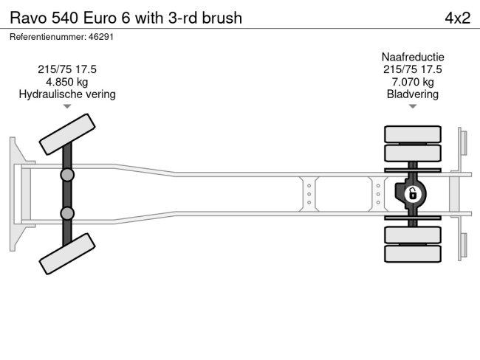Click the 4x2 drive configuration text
[x=457, y=18]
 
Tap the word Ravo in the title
[x=27, y=18]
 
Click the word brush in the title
[x=221, y=18]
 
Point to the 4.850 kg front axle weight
[x=67, y=82]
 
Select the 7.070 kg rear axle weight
[x=413, y=82]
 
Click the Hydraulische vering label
[x=67, y=94]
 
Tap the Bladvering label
[x=413, y=94]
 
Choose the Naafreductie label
[x=413, y=57]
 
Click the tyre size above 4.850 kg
[x=67, y=69]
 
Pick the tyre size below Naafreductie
[x=413, y=69]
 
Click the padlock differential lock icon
[x=413, y=194]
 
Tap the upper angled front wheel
[x=67, y=135]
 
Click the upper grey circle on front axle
[x=67, y=175]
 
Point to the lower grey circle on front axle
[x=67, y=213]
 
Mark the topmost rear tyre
[x=413, y=134]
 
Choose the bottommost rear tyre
[x=413, y=254]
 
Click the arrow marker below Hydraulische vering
[x=67, y=106]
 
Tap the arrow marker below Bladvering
[x=413, y=106]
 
